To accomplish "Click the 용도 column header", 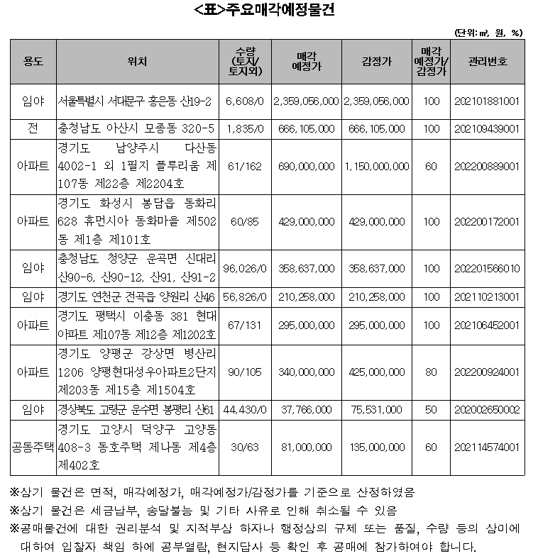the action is click(x=33, y=62).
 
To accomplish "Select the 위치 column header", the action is click(x=138, y=62).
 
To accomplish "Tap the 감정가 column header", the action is click(x=376, y=62).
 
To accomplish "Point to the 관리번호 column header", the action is click(x=488, y=62).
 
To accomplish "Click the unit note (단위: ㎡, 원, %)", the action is click(x=489, y=32).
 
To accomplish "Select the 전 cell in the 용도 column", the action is click(x=33, y=128).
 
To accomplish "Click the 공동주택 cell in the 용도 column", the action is click(x=33, y=447).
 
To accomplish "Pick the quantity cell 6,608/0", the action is click(x=244, y=101).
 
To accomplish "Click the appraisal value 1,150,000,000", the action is click(x=376, y=167).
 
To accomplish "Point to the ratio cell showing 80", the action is click(x=431, y=372).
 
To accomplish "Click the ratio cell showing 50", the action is click(x=431, y=409).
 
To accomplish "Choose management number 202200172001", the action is click(x=488, y=221).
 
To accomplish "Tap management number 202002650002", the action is click(x=488, y=409).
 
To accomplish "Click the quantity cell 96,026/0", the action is click(x=244, y=269).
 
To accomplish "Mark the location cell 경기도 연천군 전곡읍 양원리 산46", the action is click(x=138, y=296).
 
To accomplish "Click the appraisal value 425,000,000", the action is click(x=376, y=372).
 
